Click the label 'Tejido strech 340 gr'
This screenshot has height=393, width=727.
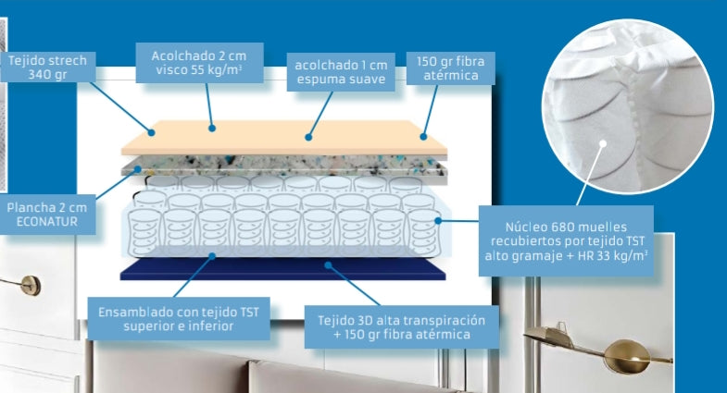[48, 68]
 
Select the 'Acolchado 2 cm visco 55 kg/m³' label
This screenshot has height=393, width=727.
[199, 63]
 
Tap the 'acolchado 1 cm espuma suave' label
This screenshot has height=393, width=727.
[341, 72]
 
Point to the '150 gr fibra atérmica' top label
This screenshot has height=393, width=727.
[451, 68]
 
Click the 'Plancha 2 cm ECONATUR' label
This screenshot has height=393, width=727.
[47, 215]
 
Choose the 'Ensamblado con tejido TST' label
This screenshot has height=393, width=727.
[179, 319]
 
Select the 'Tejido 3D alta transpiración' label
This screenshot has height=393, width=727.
[402, 326]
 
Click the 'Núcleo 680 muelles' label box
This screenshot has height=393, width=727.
[566, 241]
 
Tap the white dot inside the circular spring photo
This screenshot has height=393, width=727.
[603, 143]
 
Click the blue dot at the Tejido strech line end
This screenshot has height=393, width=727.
[152, 133]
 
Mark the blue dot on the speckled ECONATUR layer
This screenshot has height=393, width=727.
[138, 169]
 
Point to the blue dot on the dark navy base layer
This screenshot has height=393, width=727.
[328, 265]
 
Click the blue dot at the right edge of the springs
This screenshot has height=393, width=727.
[438, 221]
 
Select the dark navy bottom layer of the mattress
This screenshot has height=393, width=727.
[282, 269]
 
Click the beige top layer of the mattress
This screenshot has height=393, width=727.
[283, 138]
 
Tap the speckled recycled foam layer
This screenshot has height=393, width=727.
[283, 166]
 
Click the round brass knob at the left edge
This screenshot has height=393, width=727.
[31, 286]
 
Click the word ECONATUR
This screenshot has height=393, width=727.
[47, 222]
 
